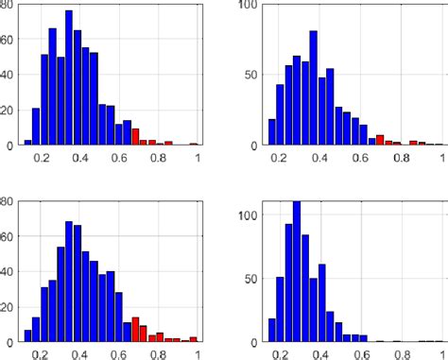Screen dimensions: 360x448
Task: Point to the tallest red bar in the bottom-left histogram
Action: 135,328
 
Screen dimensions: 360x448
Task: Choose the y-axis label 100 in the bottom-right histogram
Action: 248,214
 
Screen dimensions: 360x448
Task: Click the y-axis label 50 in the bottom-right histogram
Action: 250,278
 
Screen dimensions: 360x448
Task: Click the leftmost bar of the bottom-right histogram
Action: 271,329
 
